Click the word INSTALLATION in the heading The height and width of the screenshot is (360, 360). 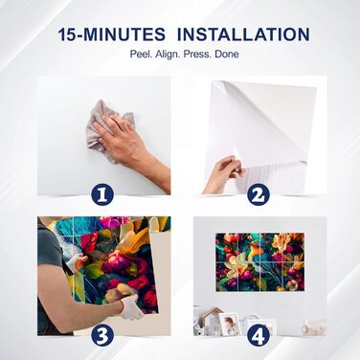(x=243, y=34)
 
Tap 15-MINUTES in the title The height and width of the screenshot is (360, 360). (x=112, y=34)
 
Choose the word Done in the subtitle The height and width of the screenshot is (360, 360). (x=227, y=54)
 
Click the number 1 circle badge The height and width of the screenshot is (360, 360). (x=102, y=195)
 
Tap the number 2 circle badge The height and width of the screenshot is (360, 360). (x=259, y=195)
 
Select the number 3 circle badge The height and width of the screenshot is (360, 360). (x=102, y=336)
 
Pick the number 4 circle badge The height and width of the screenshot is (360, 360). (x=259, y=336)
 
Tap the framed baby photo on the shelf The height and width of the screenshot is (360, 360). (x=229, y=324)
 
